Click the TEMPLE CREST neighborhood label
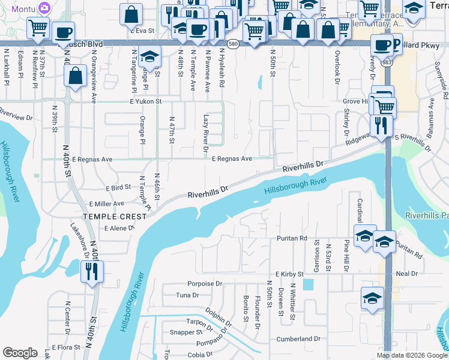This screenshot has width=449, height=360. pyautogui.click(x=115, y=216)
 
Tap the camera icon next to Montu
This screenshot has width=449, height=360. pyautogui.click(x=43, y=7)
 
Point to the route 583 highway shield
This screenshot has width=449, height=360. pyautogui.click(x=388, y=62)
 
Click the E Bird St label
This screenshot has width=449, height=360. pyautogui.click(x=118, y=188)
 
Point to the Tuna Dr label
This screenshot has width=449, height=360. pyautogui.click(x=187, y=295)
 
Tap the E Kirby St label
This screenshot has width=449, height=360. pyautogui.click(x=290, y=274)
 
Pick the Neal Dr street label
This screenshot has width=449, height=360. pyautogui.click(x=406, y=273)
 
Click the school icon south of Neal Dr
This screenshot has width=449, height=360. pyautogui.click(x=372, y=298)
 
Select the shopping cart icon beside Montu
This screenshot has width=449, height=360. pyautogui.click(x=38, y=27)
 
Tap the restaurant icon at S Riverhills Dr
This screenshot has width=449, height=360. pyautogui.click(x=381, y=125)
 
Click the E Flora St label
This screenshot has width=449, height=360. pyautogui.click(x=66, y=347)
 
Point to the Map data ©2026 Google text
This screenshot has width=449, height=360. pyautogui.click(x=411, y=355)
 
